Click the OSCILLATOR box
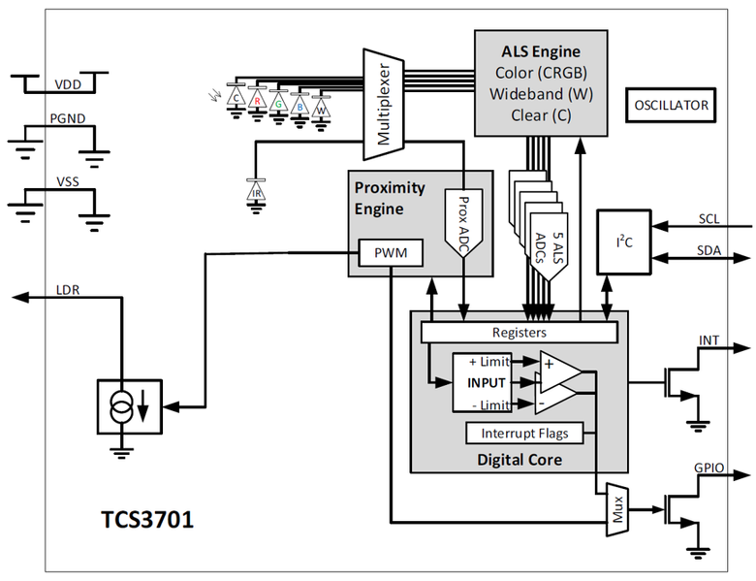pyautogui.click(x=670, y=104)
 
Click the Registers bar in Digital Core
pyautogui.click(x=519, y=331)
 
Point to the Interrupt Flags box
pyautogui.click(x=518, y=433)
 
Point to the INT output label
pyautogui.click(x=709, y=340)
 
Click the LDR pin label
pyautogui.click(x=69, y=290)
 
